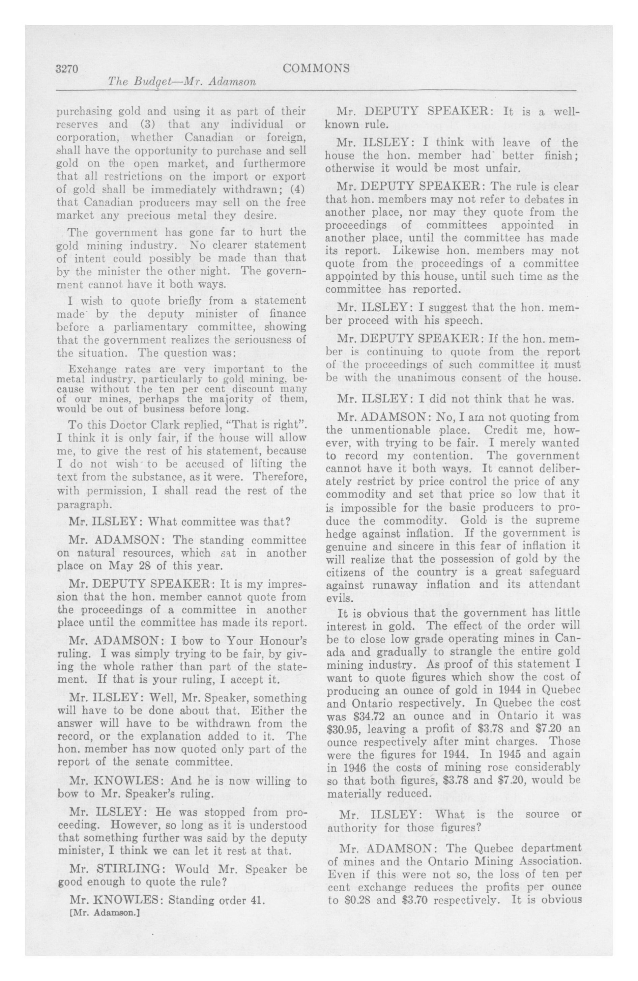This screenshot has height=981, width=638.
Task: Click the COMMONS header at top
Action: click(316, 68)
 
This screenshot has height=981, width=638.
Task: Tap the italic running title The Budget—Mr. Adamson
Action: click(181, 82)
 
